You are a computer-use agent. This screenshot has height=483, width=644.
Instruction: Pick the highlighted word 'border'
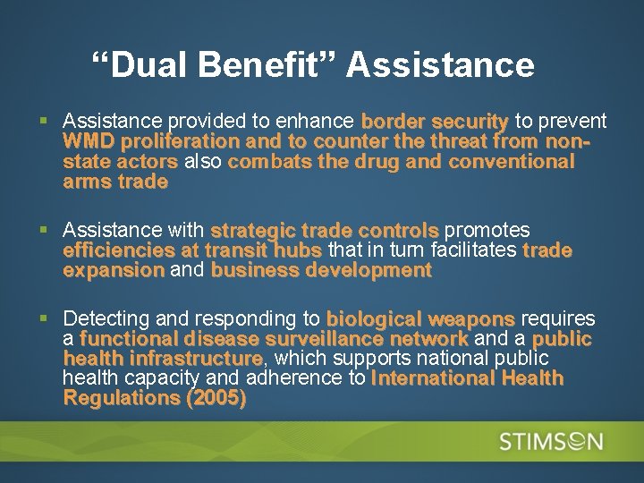pyautogui.click(x=393, y=121)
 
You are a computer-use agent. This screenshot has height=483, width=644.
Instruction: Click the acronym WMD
pyautogui.click(x=89, y=141)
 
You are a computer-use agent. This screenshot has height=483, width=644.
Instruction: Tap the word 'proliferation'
pyautogui.click(x=180, y=141)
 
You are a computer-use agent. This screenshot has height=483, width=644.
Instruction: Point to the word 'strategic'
pyautogui.click(x=247, y=231)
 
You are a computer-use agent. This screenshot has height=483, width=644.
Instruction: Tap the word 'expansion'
pyautogui.click(x=114, y=270)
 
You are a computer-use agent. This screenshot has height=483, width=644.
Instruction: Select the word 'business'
pyautogui.click(x=254, y=270)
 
